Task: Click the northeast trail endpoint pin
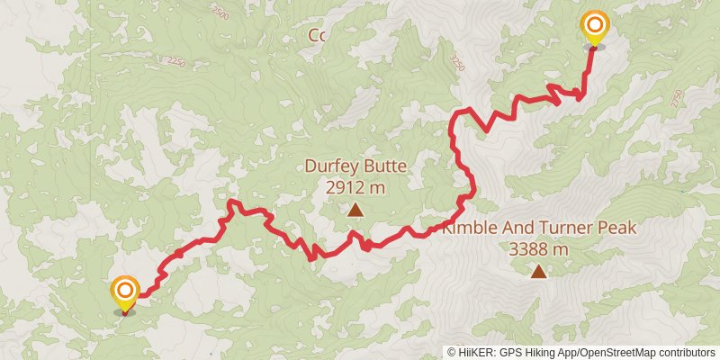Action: pyautogui.click(x=594, y=27)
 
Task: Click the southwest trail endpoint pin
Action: pyautogui.click(x=125, y=292)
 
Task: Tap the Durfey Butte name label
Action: pyautogui.click(x=355, y=166)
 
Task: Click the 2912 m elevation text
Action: pyautogui.click(x=355, y=187)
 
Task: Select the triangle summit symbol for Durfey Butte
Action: pyautogui.click(x=355, y=211)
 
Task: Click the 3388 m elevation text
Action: pyautogui.click(x=538, y=248)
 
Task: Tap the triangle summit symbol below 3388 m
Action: pyautogui.click(x=538, y=271)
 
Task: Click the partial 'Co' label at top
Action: pyautogui.click(x=316, y=35)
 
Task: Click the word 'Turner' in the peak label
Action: pyautogui.click(x=565, y=228)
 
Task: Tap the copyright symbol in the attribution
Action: pyautogui.click(x=452, y=353)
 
